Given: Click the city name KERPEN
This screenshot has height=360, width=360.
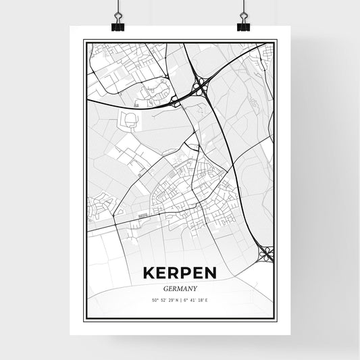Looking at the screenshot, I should [x=180, y=273].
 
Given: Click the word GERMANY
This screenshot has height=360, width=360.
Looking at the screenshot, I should [x=180, y=286].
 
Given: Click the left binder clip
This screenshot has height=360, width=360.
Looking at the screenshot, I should [x=118, y=25].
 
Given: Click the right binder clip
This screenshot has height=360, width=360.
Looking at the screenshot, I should [x=243, y=25].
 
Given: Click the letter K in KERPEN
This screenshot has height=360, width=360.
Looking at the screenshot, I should [x=149, y=273].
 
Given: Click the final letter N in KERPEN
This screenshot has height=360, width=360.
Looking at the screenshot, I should [x=210, y=273].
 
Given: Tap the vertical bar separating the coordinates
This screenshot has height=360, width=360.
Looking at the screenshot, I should [x=180, y=300].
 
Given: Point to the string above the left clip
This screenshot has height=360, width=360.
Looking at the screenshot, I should [x=118, y=7].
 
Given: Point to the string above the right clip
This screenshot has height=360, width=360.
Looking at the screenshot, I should [x=243, y=7].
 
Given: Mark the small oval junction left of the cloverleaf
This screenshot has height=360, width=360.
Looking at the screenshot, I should [x=176, y=100].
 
